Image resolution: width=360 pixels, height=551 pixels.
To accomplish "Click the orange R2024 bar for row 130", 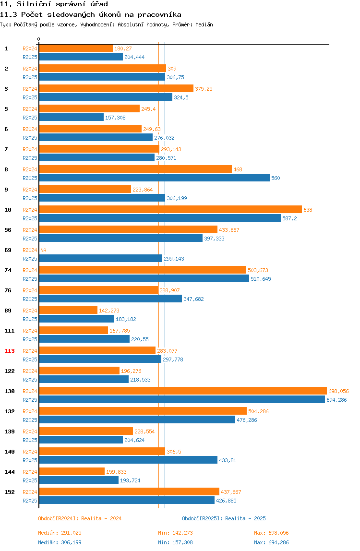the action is click(x=183, y=391).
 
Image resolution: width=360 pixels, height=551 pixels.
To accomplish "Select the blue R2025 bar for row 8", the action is click(x=155, y=178).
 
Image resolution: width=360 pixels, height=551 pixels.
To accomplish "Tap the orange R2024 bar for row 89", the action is click(x=68, y=310).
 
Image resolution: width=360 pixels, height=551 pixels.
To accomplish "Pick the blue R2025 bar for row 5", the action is click(x=72, y=118).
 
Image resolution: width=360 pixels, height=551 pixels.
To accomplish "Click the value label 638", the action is click(x=308, y=210).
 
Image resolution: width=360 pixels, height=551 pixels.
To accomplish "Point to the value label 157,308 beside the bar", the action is click(x=115, y=118).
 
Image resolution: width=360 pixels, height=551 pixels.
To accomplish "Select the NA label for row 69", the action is click(x=43, y=250).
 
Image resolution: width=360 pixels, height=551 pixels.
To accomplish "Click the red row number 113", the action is click(x=10, y=351).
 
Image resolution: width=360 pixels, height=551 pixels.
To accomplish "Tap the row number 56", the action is click(x=8, y=230).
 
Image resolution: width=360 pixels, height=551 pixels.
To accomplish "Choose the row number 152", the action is click(x=10, y=492).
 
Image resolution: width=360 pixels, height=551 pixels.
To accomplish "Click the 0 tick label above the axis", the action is click(x=39, y=39).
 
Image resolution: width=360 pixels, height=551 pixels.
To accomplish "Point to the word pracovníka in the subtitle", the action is click(x=160, y=14).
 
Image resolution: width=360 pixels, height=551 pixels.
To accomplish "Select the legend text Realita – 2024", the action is click(x=101, y=518).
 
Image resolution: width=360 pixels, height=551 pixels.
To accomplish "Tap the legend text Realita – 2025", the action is click(x=245, y=518).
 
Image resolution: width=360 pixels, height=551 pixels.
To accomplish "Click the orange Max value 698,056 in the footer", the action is click(x=278, y=533).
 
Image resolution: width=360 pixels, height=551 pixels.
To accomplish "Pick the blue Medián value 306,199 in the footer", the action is click(x=71, y=542).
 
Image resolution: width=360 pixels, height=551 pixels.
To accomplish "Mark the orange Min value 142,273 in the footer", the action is click(x=182, y=533).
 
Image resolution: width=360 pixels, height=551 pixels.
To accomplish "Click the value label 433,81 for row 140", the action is click(x=228, y=460).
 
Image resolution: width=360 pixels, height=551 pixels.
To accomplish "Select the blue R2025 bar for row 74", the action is click(x=144, y=279).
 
